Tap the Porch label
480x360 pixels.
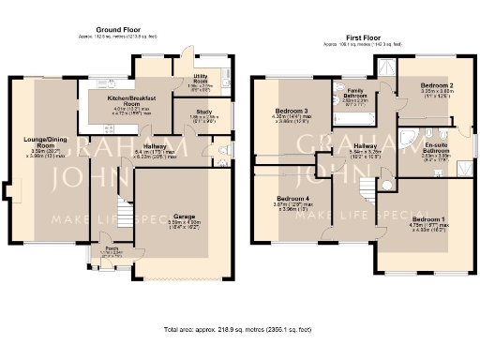[x=112, y=249]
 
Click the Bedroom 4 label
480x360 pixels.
[x=289, y=198]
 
